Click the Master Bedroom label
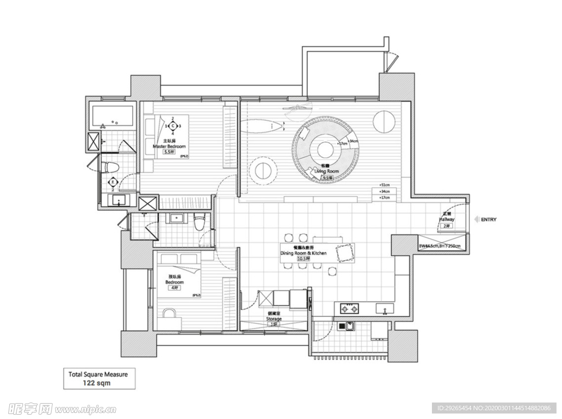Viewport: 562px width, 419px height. click(169, 147)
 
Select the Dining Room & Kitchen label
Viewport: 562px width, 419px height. click(304, 253)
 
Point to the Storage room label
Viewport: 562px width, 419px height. click(274, 319)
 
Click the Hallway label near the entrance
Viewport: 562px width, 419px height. click(446, 219)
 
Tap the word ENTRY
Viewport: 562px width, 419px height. click(488, 220)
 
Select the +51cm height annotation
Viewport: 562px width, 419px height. click(384, 185)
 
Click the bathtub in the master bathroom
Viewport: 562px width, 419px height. click(113, 116)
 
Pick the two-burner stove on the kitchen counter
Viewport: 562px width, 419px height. click(350, 308)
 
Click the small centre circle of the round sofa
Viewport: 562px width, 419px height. click(323, 149)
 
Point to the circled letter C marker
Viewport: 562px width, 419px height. click(173, 126)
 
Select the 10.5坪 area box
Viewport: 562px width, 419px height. click(303, 259)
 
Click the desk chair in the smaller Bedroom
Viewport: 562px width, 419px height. click(170, 314)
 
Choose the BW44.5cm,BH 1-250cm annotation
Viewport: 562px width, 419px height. click(442, 246)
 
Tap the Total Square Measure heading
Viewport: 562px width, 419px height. click(98, 374)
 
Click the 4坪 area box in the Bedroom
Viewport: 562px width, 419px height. click(175, 288)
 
